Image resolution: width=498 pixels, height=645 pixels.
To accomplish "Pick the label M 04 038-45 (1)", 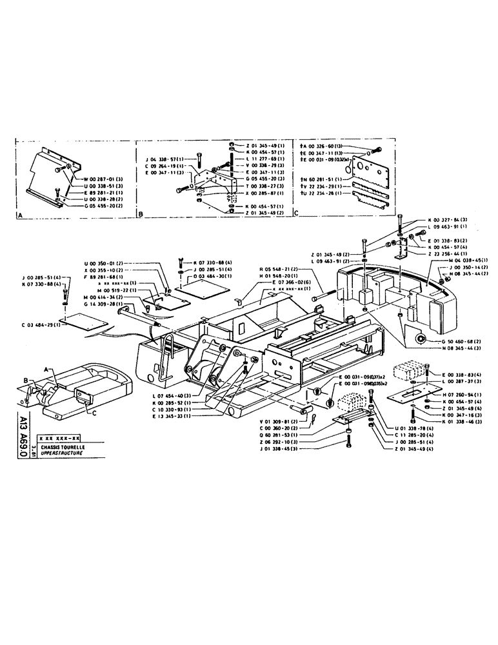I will (466, 261).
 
